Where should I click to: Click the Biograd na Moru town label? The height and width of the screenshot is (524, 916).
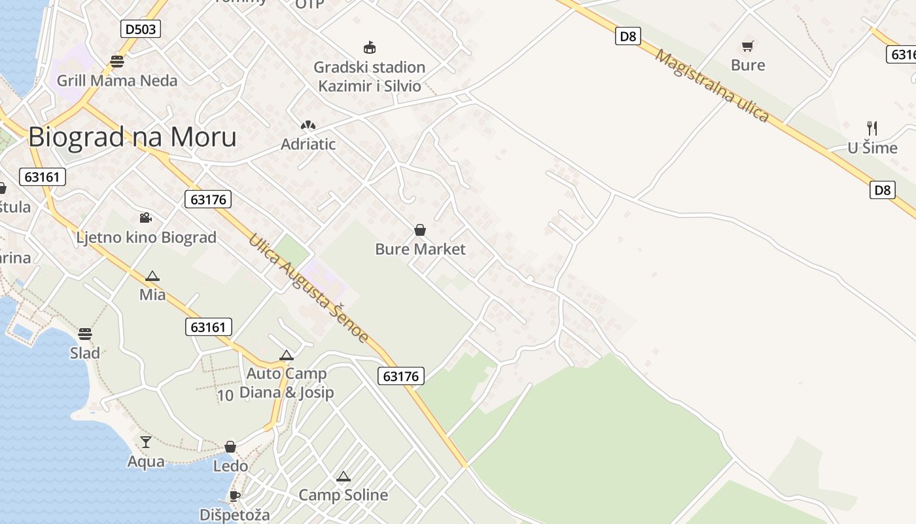coord(132,137)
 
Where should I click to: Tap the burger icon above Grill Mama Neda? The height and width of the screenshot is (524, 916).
coord(117,62)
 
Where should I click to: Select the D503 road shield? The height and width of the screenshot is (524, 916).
coord(141,29)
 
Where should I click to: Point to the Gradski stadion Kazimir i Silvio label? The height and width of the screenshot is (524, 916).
coord(370,76)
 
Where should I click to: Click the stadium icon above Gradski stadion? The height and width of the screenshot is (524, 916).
coord(370,47)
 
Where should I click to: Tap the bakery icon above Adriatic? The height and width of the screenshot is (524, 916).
coord(308,125)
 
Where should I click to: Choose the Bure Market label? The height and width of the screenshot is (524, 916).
coord(420,249)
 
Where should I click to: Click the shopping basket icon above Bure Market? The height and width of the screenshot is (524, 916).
coord(420,230)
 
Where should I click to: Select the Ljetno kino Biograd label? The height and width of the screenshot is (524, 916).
coord(146,237)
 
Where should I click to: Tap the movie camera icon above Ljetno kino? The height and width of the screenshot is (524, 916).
coord(145,217)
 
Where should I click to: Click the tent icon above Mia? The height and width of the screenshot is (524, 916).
coord(152,276)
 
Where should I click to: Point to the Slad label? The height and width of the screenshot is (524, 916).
coord(85,353)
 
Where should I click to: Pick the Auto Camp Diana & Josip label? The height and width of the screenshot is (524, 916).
coord(287,383)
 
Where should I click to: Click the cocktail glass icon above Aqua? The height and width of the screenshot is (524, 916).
coord(146,442)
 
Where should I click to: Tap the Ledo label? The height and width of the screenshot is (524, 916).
coord(230,466)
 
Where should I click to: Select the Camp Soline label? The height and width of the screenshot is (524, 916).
coord(343,495)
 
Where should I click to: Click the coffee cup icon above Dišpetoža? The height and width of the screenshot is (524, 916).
coord(234,496)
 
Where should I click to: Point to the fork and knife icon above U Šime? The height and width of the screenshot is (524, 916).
coord(872,128)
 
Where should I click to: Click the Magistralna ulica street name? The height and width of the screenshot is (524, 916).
coord(712,86)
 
